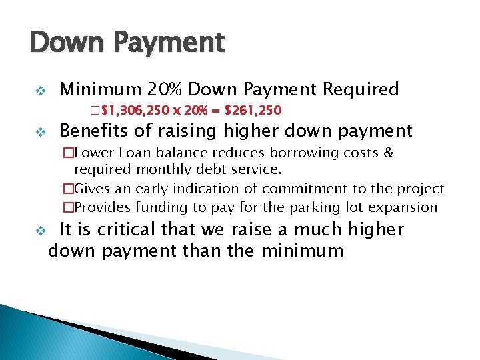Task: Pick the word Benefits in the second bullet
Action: [93, 131]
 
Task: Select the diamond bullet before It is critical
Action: [39, 231]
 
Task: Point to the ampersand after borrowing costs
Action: [389, 153]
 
